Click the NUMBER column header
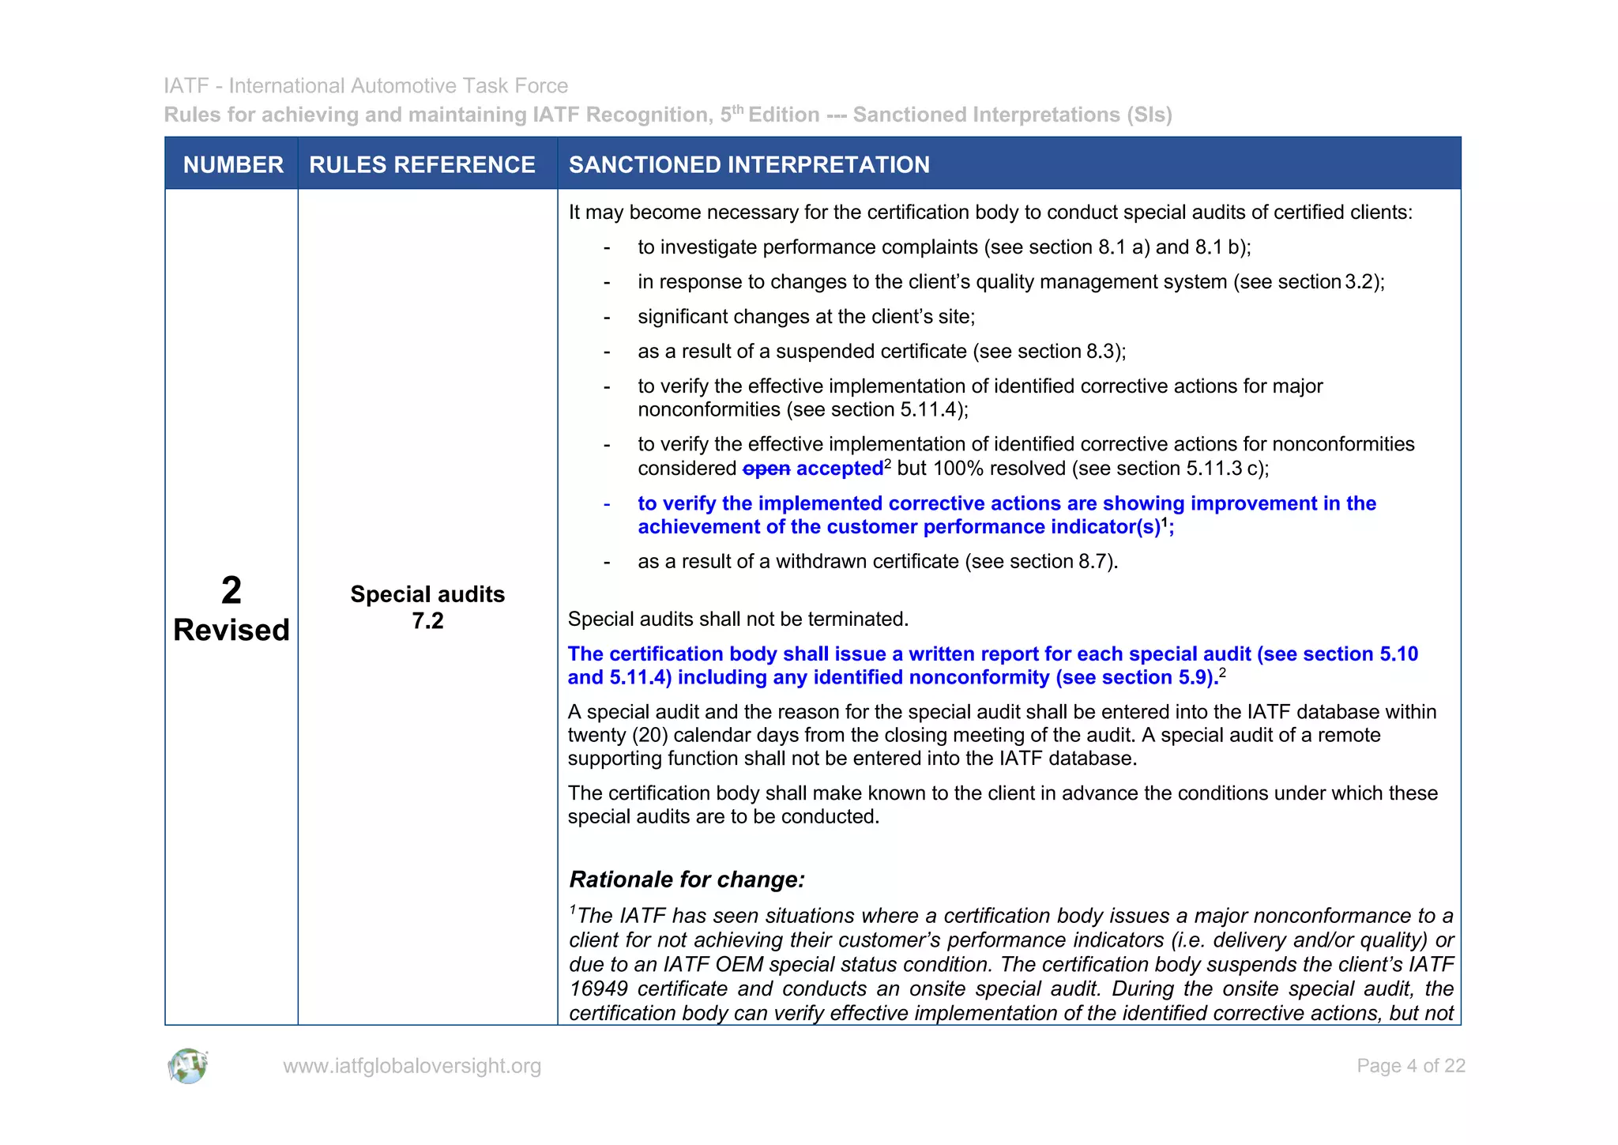(x=233, y=164)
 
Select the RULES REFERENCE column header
(x=422, y=164)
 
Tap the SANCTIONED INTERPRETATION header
(x=749, y=164)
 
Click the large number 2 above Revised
(x=231, y=590)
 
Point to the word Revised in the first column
(x=231, y=630)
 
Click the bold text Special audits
(x=427, y=594)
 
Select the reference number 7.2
(x=427, y=621)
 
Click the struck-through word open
(x=766, y=469)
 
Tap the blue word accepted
(x=839, y=469)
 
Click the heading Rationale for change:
(x=687, y=879)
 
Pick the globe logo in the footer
(x=188, y=1066)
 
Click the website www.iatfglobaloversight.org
(x=412, y=1066)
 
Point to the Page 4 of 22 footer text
(x=1410, y=1066)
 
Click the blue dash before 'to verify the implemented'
(x=607, y=504)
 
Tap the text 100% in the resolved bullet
(x=958, y=469)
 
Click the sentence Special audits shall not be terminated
(x=738, y=619)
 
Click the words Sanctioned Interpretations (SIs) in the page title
(x=1012, y=115)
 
